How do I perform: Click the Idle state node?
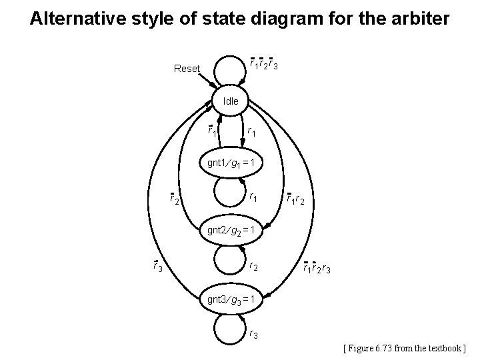(x=231, y=102)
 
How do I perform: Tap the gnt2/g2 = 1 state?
(x=231, y=231)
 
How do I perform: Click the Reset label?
(x=187, y=69)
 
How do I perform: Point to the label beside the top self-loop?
(x=264, y=64)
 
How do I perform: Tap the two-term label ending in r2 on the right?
(x=295, y=198)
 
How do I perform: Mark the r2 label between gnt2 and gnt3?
(x=254, y=267)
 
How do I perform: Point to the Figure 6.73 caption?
(x=406, y=347)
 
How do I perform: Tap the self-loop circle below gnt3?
(x=231, y=331)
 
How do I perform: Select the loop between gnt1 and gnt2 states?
(x=231, y=197)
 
